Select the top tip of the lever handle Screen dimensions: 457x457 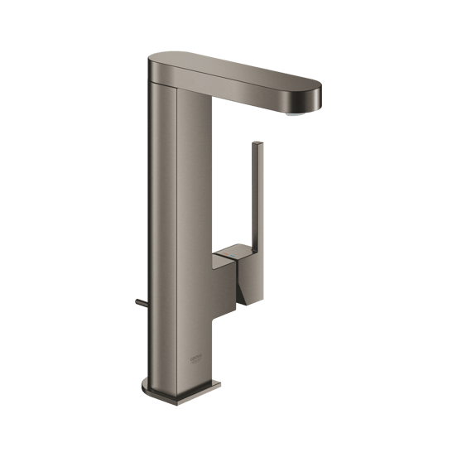tap(260, 145)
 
